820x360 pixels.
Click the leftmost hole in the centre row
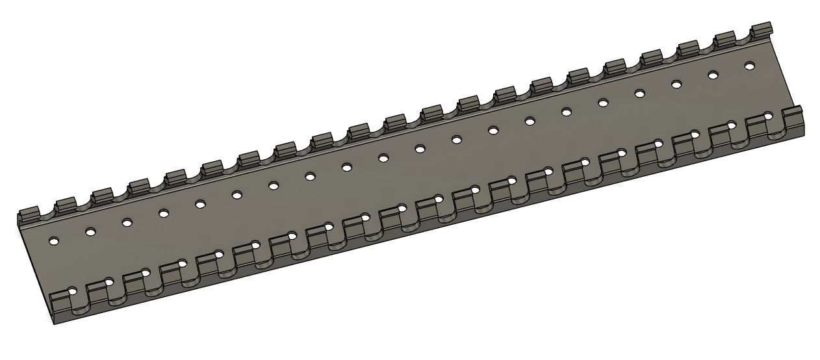pyautogui.click(x=54, y=240)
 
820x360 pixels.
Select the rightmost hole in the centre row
pyautogui.click(x=749, y=66)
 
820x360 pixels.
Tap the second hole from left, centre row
pyautogui.click(x=90, y=231)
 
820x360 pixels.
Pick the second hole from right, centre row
pyautogui.click(x=713, y=75)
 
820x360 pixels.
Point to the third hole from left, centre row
pyautogui.click(x=127, y=222)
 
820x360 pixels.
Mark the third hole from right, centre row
pyautogui.click(x=676, y=84)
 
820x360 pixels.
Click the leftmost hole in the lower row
pyautogui.click(x=73, y=290)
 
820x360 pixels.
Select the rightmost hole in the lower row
pyautogui.click(x=768, y=116)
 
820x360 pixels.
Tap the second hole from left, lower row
pyautogui.click(x=109, y=281)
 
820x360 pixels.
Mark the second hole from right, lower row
pyautogui.click(x=732, y=125)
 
